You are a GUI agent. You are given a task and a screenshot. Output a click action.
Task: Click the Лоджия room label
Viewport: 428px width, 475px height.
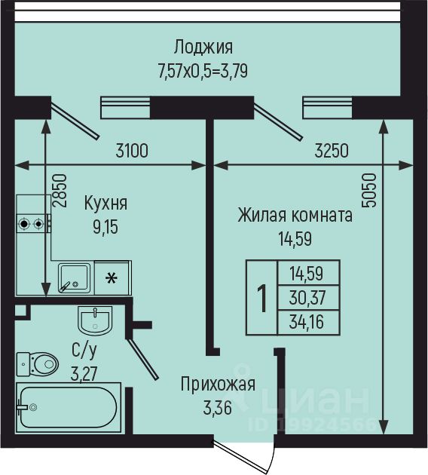(203, 47)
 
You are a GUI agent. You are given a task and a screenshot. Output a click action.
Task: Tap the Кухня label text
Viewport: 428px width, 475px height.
(105, 204)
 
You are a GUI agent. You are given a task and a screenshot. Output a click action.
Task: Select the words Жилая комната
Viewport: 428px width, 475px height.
(295, 216)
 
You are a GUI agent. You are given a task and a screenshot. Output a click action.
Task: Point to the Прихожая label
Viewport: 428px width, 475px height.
(218, 385)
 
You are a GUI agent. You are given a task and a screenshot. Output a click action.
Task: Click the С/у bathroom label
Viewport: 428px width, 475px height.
(84, 351)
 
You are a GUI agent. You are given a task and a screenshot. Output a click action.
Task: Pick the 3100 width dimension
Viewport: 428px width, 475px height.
(132, 151)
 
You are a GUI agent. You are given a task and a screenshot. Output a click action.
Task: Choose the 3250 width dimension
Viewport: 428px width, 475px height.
(332, 151)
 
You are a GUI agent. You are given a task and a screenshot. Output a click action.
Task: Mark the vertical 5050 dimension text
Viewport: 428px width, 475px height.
(370, 190)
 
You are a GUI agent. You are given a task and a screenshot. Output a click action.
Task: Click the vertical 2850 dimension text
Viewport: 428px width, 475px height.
(59, 190)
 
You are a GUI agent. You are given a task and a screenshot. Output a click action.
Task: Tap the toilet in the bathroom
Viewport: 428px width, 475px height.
(37, 364)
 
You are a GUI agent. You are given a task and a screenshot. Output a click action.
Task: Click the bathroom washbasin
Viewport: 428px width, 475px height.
(95, 320)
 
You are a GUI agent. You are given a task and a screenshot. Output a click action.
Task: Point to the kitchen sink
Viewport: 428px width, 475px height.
(74, 278)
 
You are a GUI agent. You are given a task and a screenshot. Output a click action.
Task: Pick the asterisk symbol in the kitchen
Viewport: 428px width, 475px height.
(112, 278)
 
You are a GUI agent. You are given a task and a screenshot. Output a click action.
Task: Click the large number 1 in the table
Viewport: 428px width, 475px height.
(261, 298)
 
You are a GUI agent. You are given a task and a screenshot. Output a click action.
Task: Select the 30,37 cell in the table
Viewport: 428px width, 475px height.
(307, 298)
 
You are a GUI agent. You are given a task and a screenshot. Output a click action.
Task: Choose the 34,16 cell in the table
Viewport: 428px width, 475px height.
(307, 322)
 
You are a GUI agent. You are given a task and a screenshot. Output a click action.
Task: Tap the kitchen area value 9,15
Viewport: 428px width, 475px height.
(105, 227)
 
